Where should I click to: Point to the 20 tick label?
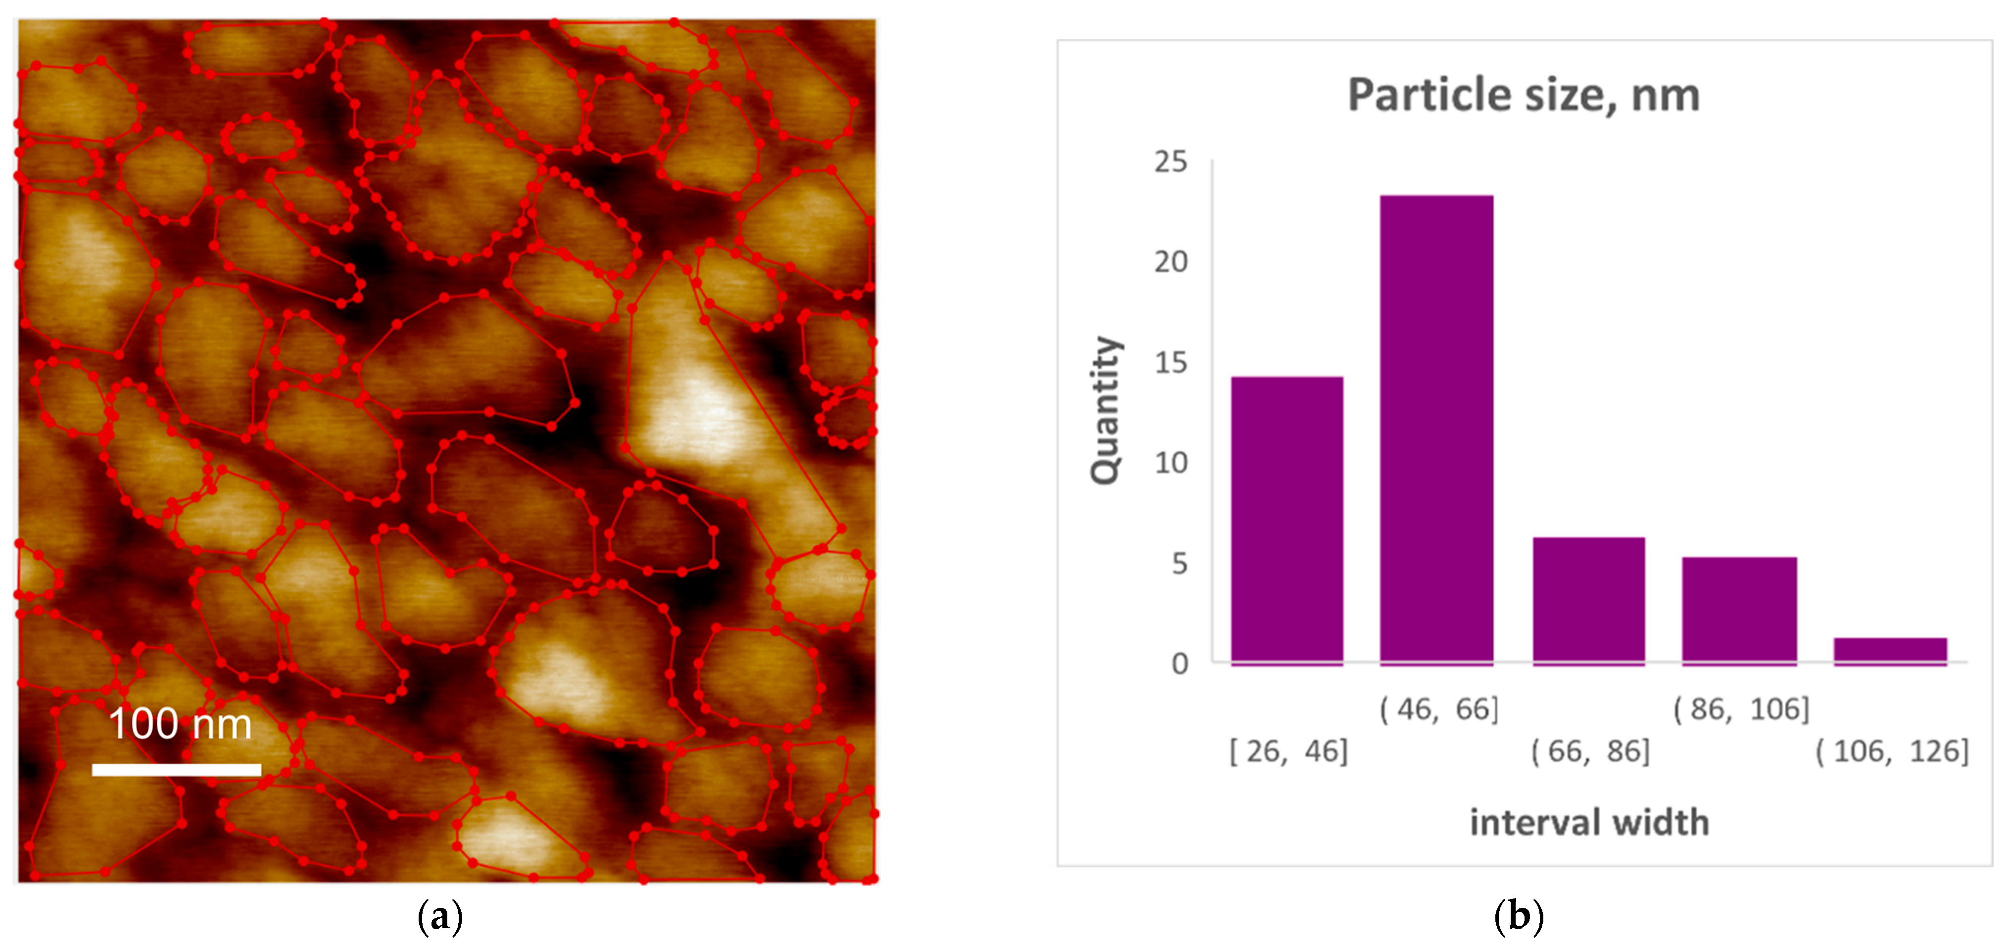click(x=1170, y=262)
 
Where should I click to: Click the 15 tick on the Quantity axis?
click(x=1170, y=363)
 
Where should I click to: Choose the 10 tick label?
click(x=1170, y=463)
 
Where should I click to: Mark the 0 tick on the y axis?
click(x=1180, y=664)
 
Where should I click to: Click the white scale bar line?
click(x=176, y=769)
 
